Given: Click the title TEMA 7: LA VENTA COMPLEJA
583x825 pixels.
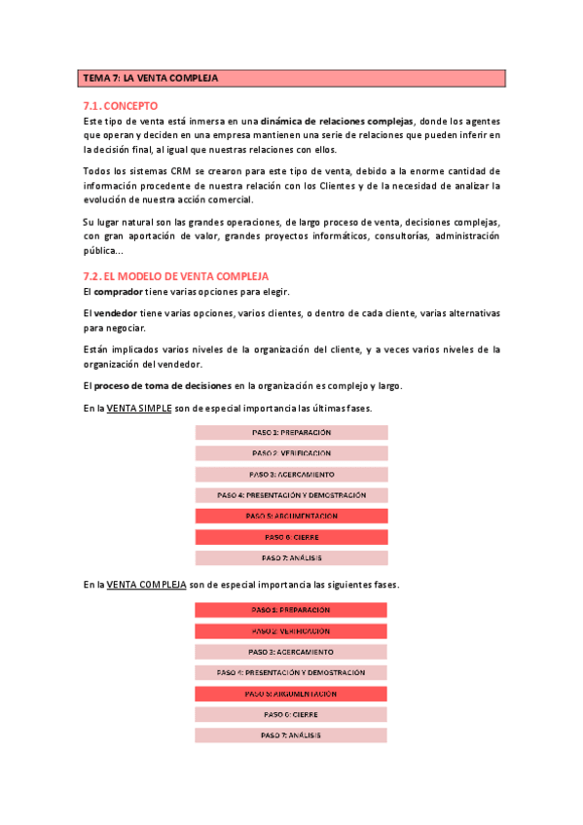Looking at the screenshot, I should (x=151, y=78).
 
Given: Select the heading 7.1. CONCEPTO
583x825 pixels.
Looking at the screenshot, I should (x=122, y=105).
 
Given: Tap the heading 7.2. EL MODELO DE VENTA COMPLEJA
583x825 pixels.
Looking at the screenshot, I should (x=176, y=276).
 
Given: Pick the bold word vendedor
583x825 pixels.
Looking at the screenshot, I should (x=116, y=313).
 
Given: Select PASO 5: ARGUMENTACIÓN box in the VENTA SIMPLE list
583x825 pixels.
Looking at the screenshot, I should (x=291, y=516).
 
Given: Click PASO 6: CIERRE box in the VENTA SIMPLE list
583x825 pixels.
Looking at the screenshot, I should (x=291, y=537).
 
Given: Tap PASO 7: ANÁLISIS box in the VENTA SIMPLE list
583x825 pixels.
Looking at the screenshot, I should (x=291, y=557).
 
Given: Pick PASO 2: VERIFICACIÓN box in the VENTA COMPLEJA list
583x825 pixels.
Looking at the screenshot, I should (x=291, y=631).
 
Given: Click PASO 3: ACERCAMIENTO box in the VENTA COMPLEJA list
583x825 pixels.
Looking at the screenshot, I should (x=291, y=652).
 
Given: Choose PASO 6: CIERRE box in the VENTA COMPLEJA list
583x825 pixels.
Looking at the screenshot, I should (x=291, y=714).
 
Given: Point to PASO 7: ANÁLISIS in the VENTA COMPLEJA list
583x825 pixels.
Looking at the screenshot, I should (x=291, y=735).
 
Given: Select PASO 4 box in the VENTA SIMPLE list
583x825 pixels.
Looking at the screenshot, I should (x=291, y=495).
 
